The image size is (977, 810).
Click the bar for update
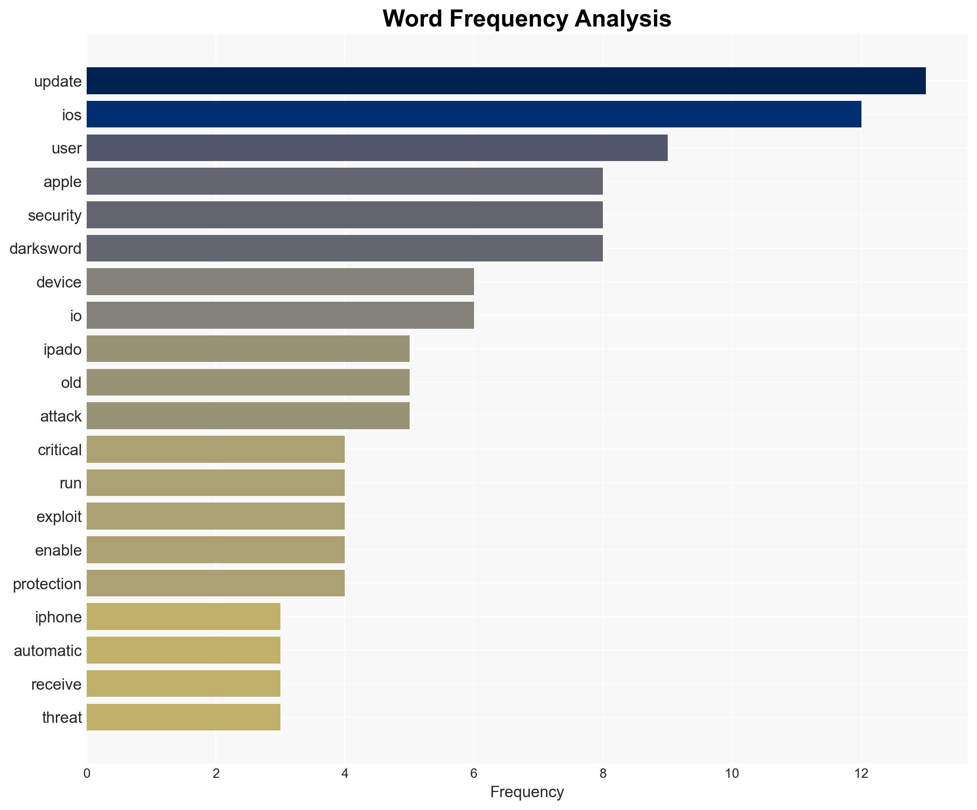coord(506,81)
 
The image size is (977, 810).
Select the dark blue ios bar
coord(474,115)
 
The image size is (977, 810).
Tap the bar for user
coord(377,148)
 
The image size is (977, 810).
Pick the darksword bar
coord(345,248)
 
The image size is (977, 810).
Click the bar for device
coord(280,282)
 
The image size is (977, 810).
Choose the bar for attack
coord(248,416)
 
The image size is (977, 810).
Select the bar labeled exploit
coord(216,516)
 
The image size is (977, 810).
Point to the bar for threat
coord(184,717)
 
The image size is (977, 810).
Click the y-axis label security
coord(54,216)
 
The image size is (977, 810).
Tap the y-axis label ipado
coord(63,350)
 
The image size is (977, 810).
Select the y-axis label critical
coord(60,450)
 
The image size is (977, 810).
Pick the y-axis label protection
coord(47,584)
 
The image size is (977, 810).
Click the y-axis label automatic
coord(47,651)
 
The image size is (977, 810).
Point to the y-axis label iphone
coord(58,617)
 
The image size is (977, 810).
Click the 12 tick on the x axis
coord(861,774)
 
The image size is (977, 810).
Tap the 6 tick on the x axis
coord(474,774)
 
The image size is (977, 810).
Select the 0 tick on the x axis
coord(87,774)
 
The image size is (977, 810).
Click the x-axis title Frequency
coord(527,792)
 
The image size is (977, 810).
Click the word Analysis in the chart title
coord(623,19)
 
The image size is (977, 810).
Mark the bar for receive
coord(184,684)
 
